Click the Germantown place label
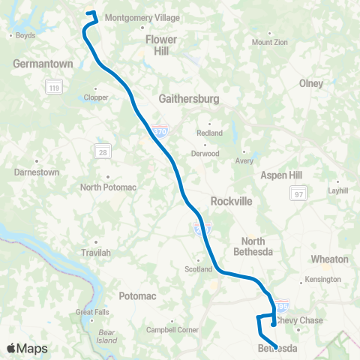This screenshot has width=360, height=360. click(x=43, y=64)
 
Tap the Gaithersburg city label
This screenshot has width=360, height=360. click(x=187, y=98)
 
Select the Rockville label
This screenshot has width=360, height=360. click(x=230, y=202)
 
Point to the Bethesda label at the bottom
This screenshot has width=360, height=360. click(x=278, y=349)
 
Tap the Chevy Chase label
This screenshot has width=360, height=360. click(x=300, y=320)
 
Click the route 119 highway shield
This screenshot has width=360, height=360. click(x=53, y=88)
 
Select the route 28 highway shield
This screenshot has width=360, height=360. click(x=100, y=151)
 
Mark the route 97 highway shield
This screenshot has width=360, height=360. click(x=298, y=194)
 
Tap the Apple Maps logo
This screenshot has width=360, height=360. click(x=26, y=348)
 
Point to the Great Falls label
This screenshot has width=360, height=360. click(x=91, y=312)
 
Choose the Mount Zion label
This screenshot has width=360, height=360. click(x=269, y=42)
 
